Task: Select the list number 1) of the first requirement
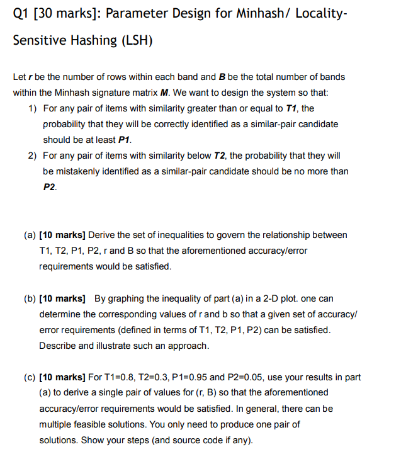[x=33, y=108]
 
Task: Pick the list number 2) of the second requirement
[x=33, y=156]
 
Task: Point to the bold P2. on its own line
[x=50, y=187]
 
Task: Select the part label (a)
[x=30, y=235]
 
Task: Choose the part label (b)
[x=30, y=298]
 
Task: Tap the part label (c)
[x=30, y=377]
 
